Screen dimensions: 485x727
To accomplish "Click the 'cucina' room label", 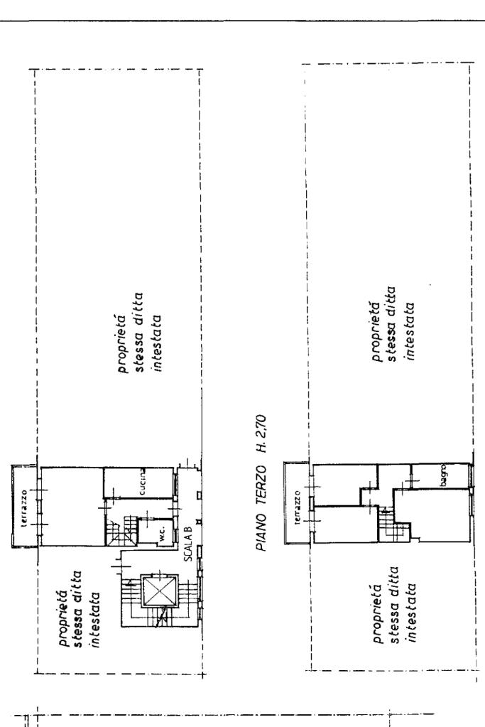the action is pyautogui.click(x=143, y=483).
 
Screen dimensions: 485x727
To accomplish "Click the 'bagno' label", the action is pyautogui.click(x=443, y=474).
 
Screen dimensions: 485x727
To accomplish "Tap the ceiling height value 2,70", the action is pyautogui.click(x=262, y=426).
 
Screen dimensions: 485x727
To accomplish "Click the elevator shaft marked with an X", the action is pyautogui.click(x=160, y=591).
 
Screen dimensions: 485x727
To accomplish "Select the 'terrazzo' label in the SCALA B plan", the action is pyautogui.click(x=24, y=507).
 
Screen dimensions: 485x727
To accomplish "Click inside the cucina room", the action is pyautogui.click(x=138, y=483).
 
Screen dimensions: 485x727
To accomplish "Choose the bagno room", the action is pyautogui.click(x=440, y=475).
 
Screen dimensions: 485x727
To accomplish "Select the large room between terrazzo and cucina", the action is pyautogui.click(x=72, y=507).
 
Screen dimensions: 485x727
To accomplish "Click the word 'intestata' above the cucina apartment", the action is pyautogui.click(x=156, y=343).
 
